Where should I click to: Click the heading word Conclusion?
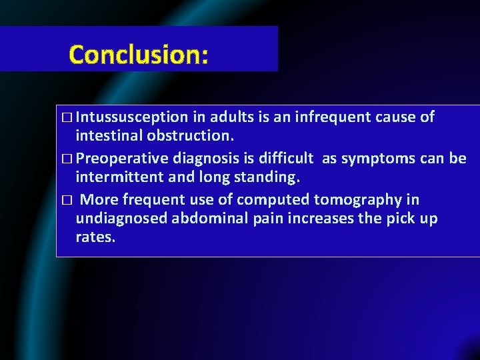click(139, 54)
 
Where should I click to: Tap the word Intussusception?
click(132, 117)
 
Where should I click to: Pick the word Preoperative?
click(124, 159)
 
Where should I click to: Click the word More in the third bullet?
click(99, 199)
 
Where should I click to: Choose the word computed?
click(274, 199)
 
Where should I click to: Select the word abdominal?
click(205, 219)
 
